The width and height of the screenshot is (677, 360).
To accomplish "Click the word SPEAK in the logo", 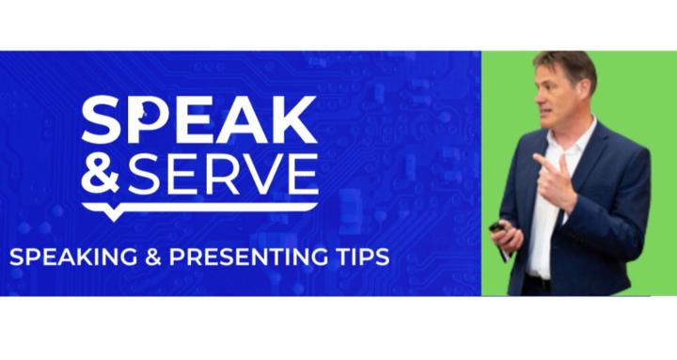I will tap(198, 120).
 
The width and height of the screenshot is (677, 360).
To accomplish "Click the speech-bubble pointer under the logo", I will tap(114, 213).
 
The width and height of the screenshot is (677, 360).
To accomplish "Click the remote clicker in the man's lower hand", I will tap(498, 228).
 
